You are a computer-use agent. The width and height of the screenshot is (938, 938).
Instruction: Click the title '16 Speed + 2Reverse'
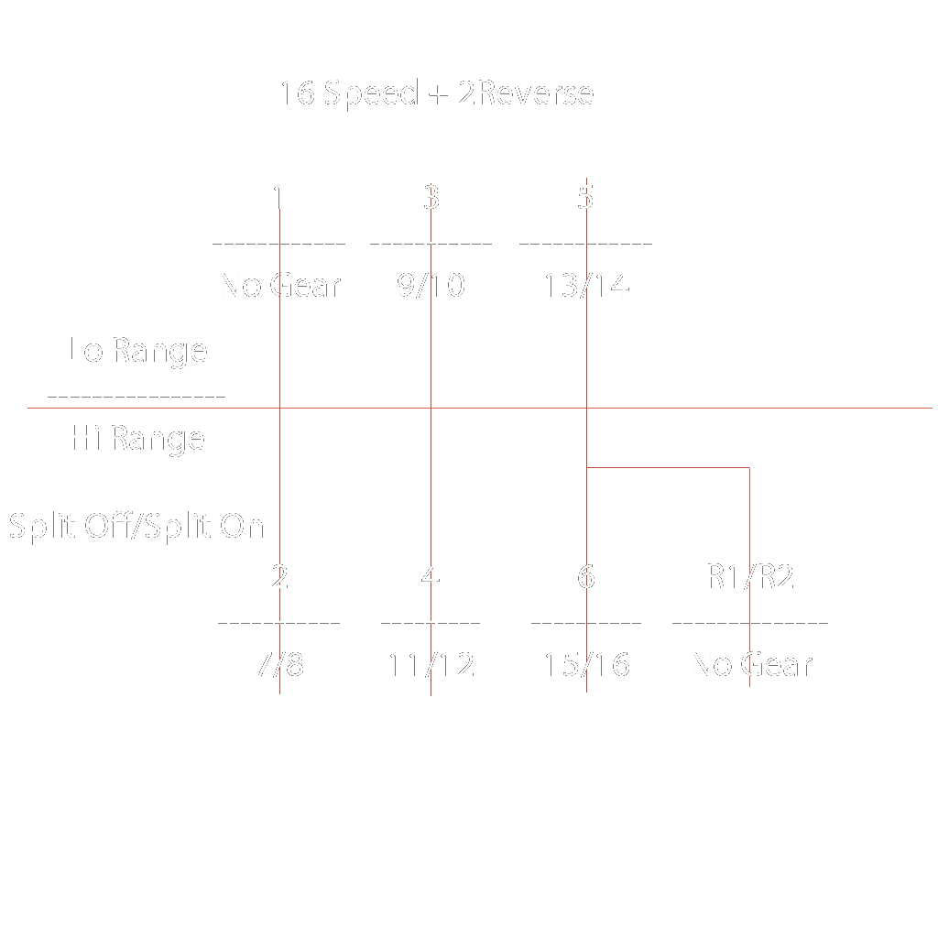point(437,93)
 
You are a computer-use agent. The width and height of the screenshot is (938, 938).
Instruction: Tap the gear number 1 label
point(278,196)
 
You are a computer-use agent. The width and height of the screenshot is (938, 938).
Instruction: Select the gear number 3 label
point(431,196)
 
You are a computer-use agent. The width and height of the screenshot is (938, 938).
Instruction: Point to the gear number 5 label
point(586,196)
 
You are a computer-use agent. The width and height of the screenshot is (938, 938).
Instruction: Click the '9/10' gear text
point(431,286)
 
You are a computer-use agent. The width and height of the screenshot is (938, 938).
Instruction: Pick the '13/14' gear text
point(586,286)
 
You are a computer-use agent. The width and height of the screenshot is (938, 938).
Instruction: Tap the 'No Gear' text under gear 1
point(280,286)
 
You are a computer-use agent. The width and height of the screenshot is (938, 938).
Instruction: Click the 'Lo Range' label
point(138,350)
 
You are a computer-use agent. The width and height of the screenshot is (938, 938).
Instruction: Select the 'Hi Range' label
point(138,439)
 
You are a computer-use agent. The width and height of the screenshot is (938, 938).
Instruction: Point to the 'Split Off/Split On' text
point(136,527)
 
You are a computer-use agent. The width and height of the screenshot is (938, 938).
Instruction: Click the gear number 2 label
point(279,577)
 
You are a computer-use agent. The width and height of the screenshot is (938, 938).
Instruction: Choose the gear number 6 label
point(586,577)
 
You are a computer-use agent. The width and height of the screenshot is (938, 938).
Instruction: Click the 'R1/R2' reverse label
point(750,577)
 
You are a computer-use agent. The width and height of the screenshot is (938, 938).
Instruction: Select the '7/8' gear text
point(279,664)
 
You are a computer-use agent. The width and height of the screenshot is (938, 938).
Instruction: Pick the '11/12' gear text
point(431,664)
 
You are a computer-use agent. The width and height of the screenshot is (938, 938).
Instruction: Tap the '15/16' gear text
point(586,664)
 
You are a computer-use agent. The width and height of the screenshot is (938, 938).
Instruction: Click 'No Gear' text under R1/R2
point(752,664)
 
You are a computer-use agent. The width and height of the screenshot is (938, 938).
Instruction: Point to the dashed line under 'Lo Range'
point(136,397)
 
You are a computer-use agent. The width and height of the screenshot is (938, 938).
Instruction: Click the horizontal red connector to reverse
point(669,468)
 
